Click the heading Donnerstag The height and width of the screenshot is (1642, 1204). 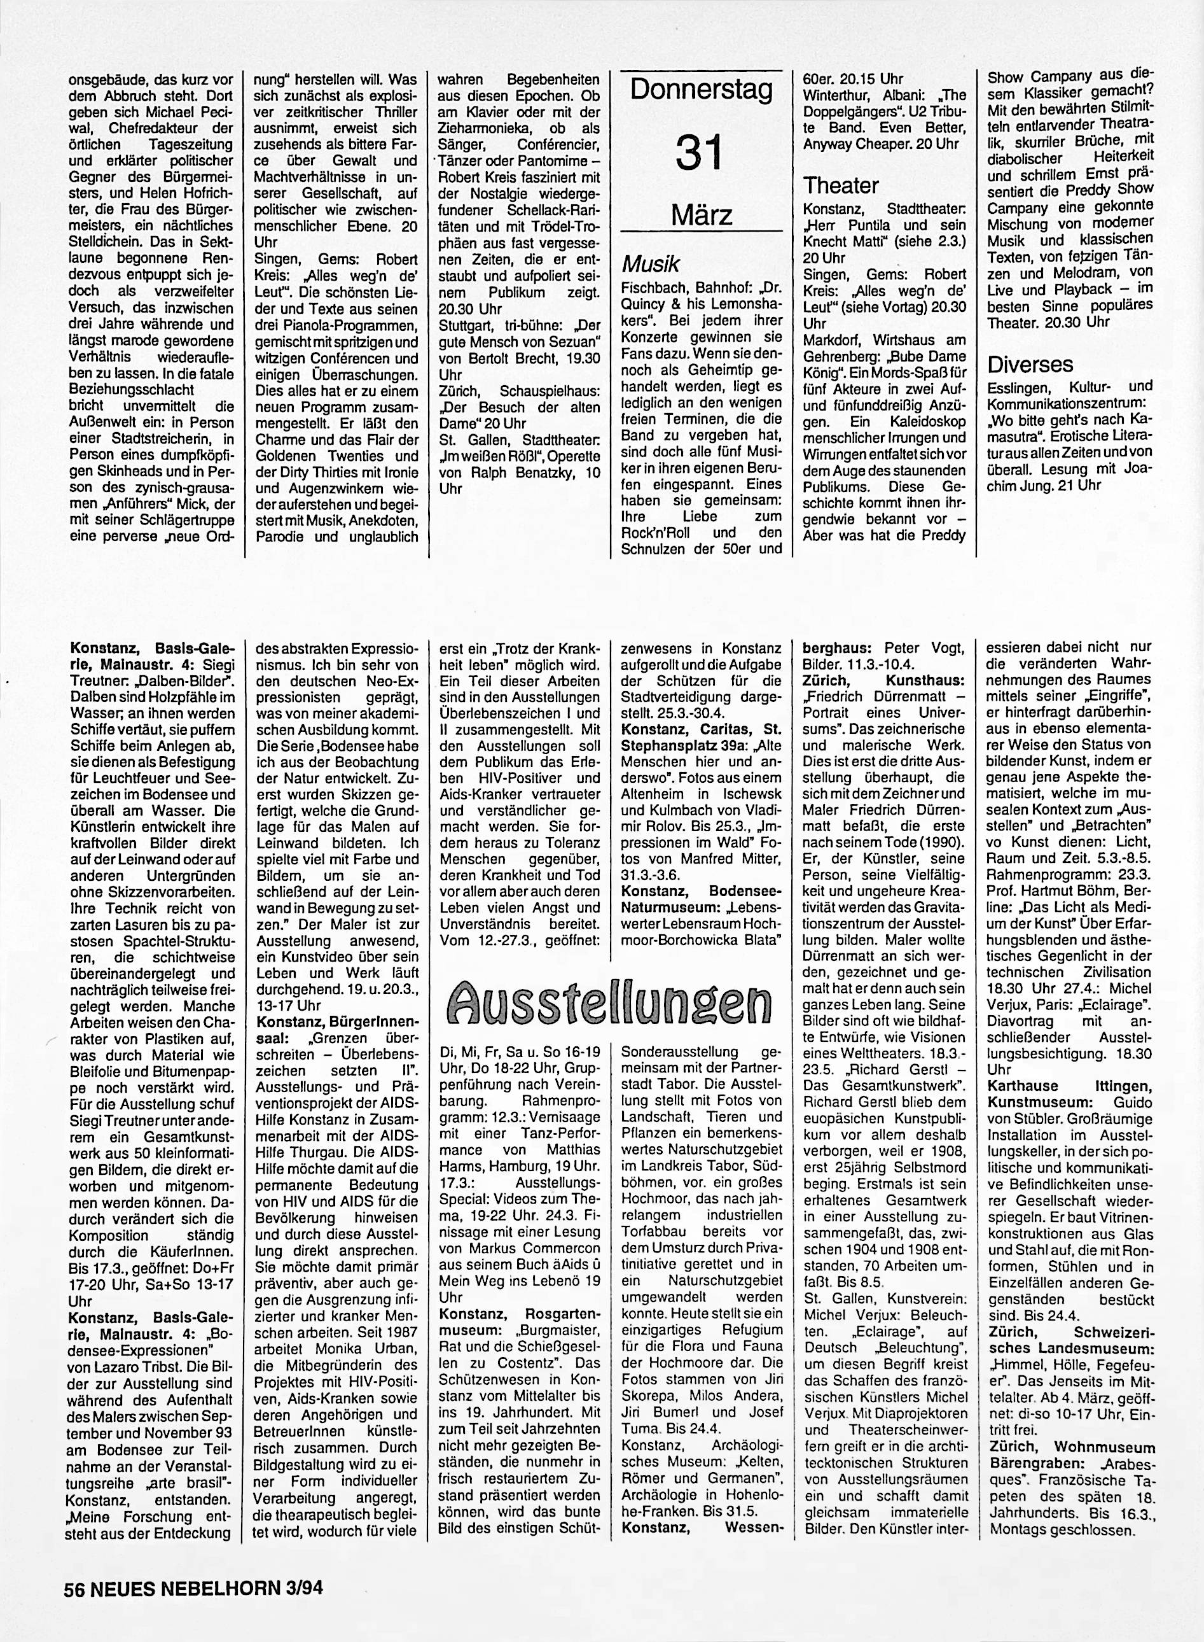pyautogui.click(x=700, y=90)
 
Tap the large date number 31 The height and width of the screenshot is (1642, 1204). pyautogui.click(x=700, y=153)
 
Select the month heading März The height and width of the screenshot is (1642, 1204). pyautogui.click(x=701, y=215)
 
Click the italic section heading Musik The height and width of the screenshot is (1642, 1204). pyautogui.click(x=650, y=263)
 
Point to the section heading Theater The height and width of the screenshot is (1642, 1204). pyautogui.click(x=840, y=185)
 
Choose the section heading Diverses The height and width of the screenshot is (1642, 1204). pyautogui.click(x=1030, y=363)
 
